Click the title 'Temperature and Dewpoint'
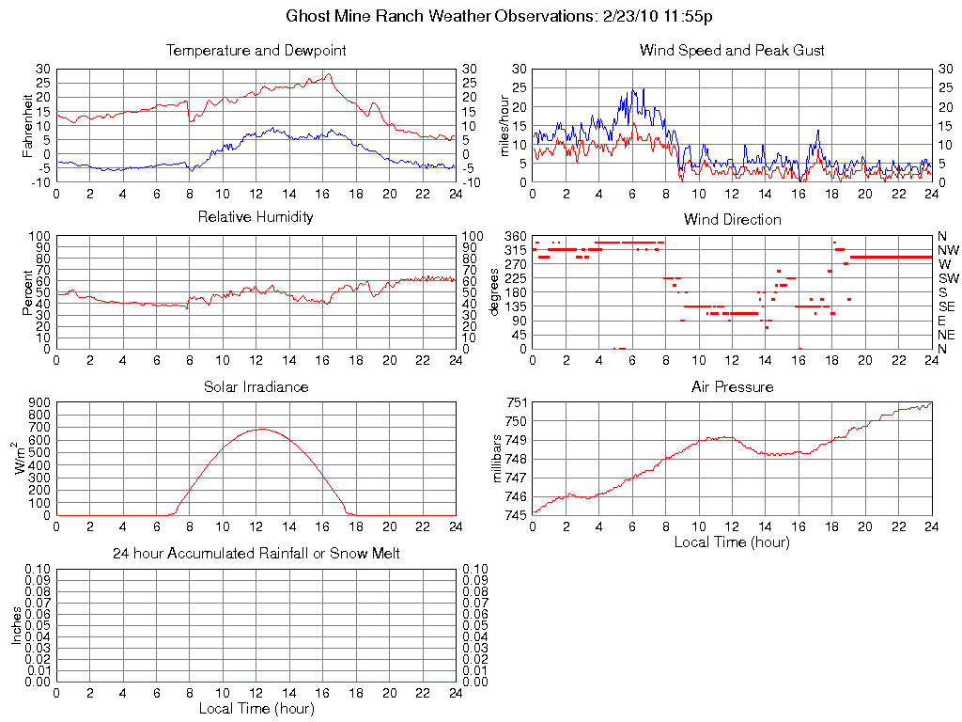(x=256, y=50)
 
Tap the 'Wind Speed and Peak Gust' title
(x=732, y=50)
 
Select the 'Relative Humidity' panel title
(x=256, y=217)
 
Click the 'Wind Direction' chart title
(x=732, y=219)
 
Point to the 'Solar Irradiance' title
(x=256, y=386)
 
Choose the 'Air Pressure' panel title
(x=732, y=386)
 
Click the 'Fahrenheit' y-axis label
(x=28, y=125)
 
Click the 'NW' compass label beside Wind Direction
(x=947, y=250)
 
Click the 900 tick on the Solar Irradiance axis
(x=39, y=402)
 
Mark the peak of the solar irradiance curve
(x=258, y=429)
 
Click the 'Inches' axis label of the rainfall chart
(x=16, y=624)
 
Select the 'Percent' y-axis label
(x=28, y=292)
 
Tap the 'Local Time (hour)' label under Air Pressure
(x=732, y=541)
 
